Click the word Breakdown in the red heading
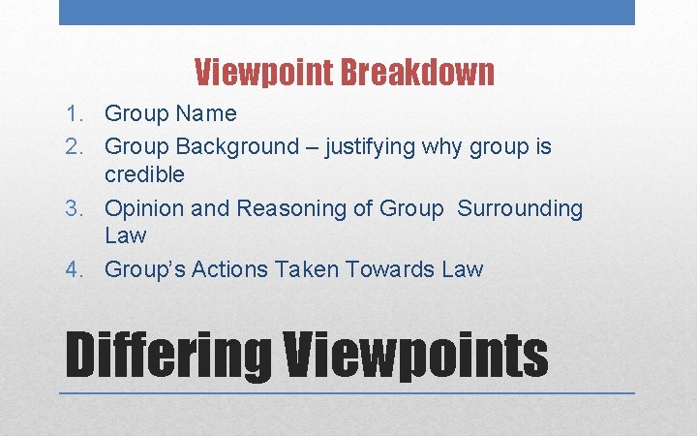click(418, 72)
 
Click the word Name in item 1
click(205, 114)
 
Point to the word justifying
click(373, 147)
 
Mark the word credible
click(144, 174)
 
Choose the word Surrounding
click(520, 209)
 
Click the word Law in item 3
click(125, 235)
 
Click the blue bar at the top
click(347, 12)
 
